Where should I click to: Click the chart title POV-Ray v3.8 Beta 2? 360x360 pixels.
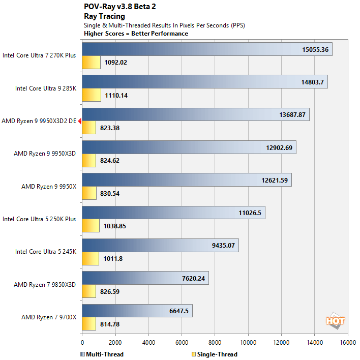[x=116, y=7]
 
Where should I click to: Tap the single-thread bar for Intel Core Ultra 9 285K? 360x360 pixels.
[x=92, y=95]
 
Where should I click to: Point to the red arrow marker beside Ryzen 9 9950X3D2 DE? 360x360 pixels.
[x=80, y=121]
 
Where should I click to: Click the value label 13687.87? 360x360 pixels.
[x=292, y=115]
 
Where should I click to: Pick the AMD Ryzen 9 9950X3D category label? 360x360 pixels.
[x=45, y=153]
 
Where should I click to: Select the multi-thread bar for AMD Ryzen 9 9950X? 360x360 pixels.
[x=186, y=180]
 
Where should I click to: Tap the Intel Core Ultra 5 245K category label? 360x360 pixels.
[x=46, y=251]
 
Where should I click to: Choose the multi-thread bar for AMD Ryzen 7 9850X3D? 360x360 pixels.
[x=145, y=278]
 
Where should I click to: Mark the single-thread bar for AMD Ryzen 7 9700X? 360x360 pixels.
[x=89, y=324]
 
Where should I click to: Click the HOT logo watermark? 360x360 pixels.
[x=336, y=321]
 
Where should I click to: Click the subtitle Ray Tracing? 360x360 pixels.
[x=104, y=16]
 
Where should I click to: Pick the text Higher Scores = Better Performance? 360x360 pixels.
[x=136, y=34]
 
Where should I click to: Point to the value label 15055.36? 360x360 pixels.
[x=315, y=50]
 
